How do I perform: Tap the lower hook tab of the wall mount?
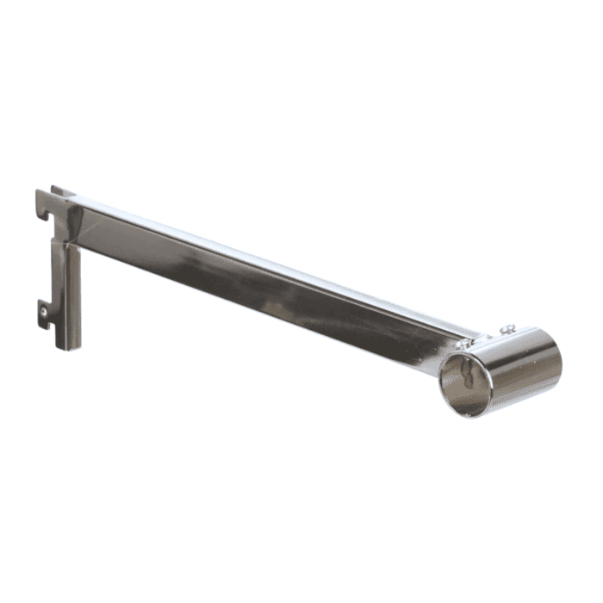tap(43, 308)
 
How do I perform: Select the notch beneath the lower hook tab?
tap(44, 321)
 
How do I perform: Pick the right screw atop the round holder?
tap(509, 327)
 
